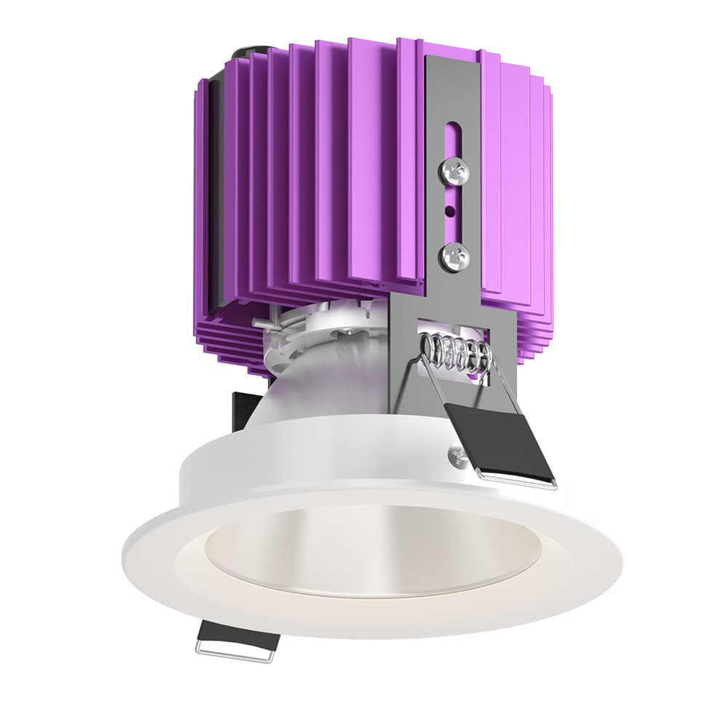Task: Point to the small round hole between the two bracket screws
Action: (450, 212)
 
